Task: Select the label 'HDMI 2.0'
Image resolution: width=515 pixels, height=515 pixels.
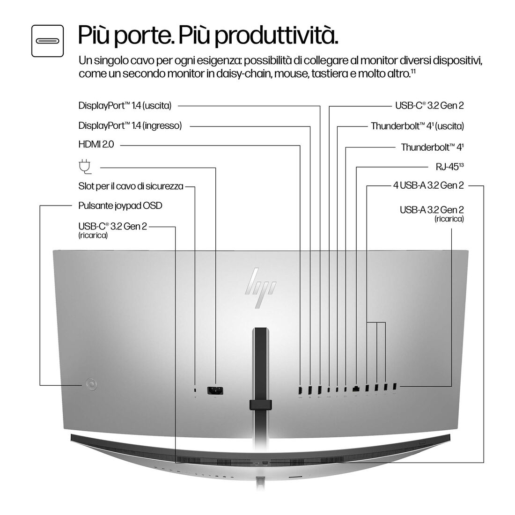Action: coord(96,146)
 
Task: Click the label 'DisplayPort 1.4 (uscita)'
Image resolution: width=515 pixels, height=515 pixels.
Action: coord(125,106)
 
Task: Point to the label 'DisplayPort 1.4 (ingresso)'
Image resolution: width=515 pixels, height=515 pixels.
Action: coord(130,125)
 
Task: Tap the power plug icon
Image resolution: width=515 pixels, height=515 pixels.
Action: coord(84,166)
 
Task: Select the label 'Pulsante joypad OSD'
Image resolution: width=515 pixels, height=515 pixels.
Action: coord(120,206)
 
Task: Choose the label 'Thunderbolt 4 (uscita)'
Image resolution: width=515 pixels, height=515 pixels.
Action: coord(417,126)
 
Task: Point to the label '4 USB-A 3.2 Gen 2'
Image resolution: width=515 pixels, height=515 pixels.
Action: coord(428,186)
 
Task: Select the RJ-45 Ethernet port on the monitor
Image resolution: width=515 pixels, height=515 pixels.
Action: coord(357,388)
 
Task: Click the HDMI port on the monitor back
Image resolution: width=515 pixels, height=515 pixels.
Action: coord(300,389)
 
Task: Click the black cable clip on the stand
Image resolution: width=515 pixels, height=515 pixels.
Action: coord(261,404)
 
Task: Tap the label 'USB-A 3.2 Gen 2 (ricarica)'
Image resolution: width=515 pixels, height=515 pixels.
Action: coord(432,213)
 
